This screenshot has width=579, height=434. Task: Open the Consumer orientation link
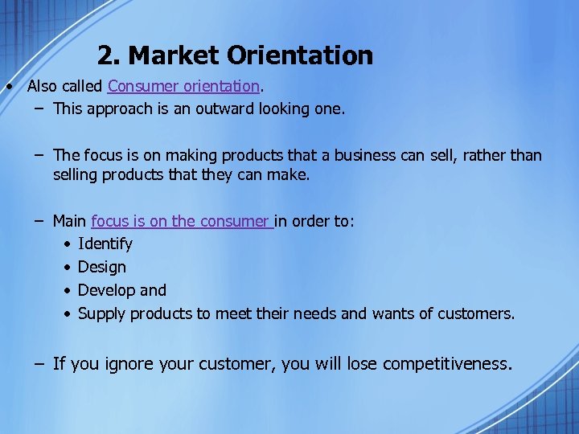click(183, 85)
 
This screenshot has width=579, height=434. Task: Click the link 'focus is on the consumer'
click(182, 220)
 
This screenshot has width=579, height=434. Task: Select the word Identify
click(105, 244)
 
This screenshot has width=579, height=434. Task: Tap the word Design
click(102, 267)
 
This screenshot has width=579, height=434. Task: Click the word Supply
click(101, 313)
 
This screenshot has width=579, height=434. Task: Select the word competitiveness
click(446, 364)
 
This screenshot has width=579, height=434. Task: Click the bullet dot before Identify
click(69, 244)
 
